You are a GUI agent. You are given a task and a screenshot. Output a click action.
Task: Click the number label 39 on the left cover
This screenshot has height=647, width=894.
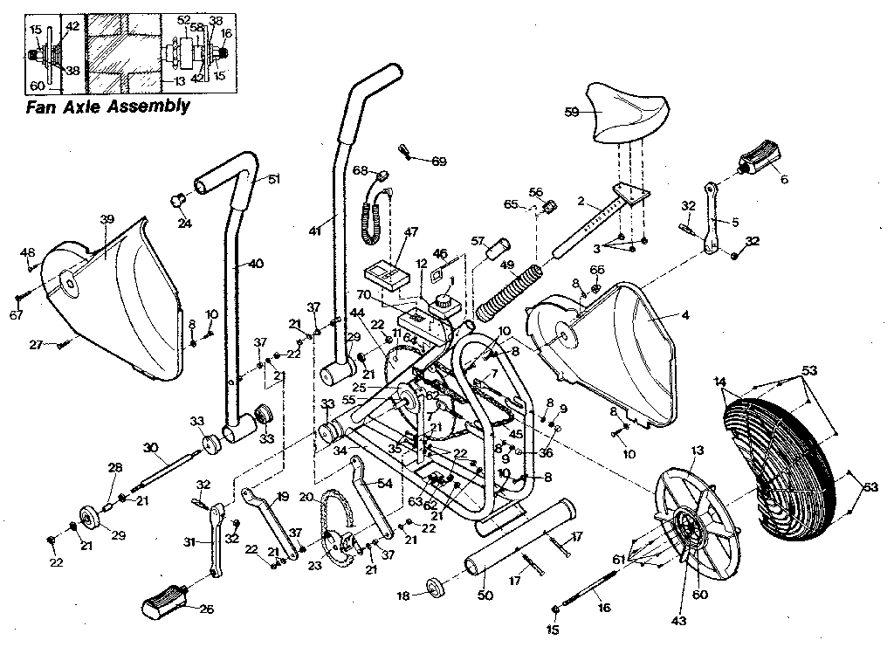click(x=107, y=219)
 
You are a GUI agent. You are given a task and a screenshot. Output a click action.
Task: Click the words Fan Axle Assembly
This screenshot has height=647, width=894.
click(x=107, y=107)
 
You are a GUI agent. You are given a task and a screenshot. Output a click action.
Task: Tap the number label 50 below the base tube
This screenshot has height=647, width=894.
click(x=485, y=595)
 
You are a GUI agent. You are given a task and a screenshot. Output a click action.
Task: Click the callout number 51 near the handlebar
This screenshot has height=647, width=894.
click(x=274, y=179)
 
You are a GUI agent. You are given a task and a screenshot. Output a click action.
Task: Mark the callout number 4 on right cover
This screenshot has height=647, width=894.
click(x=684, y=315)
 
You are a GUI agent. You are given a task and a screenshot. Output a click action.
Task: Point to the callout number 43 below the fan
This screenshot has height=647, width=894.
click(x=678, y=621)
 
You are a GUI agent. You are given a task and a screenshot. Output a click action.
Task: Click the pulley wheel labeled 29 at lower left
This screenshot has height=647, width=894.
click(x=90, y=516)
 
